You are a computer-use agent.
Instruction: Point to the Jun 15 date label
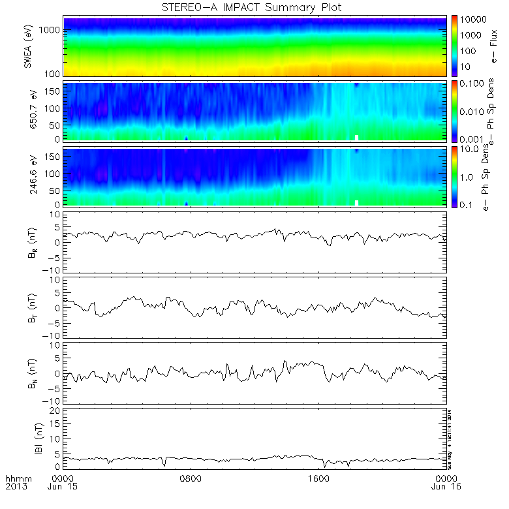pos(63,486)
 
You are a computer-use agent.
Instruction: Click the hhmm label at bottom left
pos(16,478)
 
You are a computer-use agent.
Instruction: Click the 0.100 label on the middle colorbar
pos(474,85)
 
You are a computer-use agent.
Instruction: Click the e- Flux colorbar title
pos(497,46)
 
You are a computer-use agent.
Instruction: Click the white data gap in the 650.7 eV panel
pos(357,138)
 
